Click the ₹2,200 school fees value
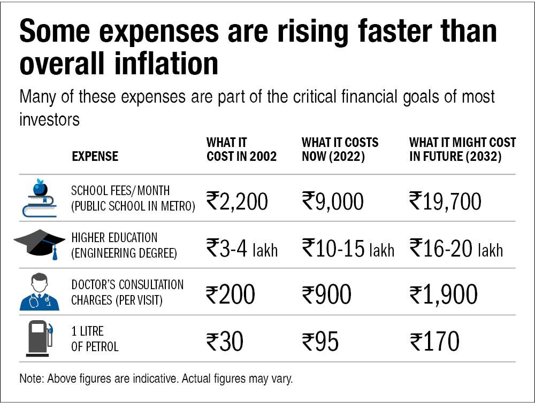click(x=237, y=201)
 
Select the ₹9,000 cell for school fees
click(x=333, y=201)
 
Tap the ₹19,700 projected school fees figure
click(x=445, y=201)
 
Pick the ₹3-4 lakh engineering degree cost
click(x=242, y=249)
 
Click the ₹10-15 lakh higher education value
click(x=348, y=249)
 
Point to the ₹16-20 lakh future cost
click(x=456, y=249)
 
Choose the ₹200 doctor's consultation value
click(x=231, y=294)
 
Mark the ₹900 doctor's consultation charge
click(x=326, y=294)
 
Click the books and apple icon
click(x=39, y=198)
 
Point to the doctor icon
click(x=39, y=292)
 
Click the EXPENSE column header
click(x=95, y=157)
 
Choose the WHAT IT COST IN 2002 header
click(x=241, y=150)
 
